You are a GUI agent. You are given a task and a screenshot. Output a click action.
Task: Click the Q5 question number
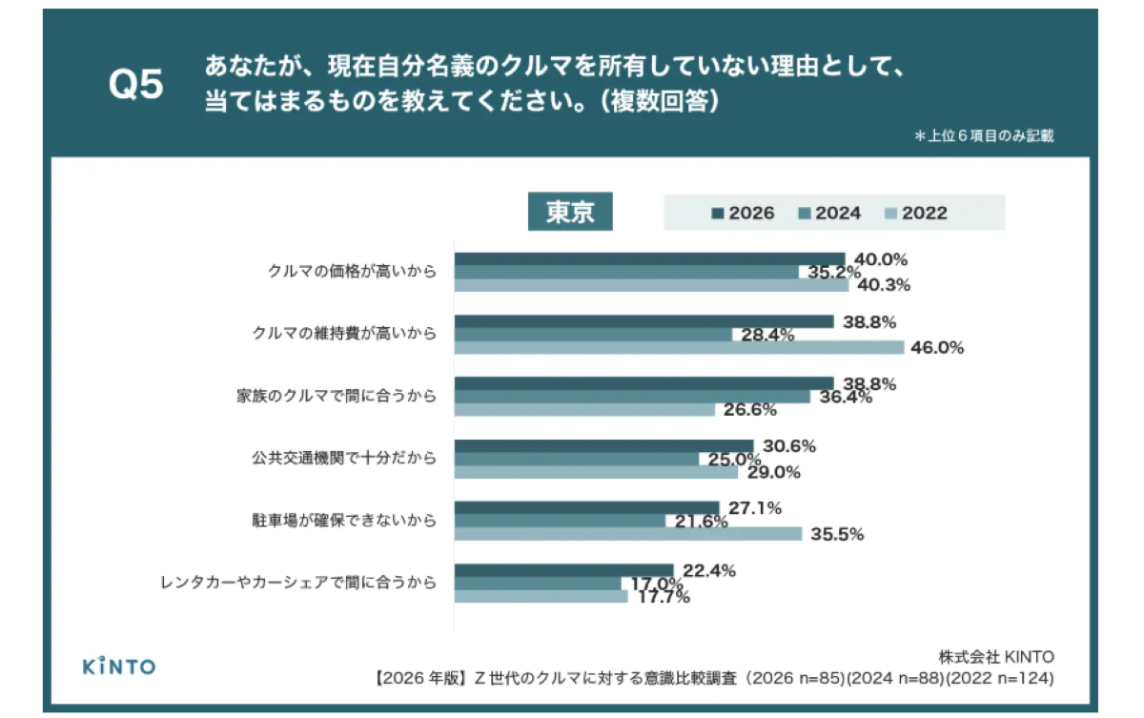(135, 84)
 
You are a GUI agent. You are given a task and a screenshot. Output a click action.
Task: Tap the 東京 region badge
(570, 212)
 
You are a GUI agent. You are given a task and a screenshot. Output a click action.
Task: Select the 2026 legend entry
(743, 213)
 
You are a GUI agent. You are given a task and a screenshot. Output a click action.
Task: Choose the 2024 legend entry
(829, 213)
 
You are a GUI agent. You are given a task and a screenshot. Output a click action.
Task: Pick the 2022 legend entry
(916, 213)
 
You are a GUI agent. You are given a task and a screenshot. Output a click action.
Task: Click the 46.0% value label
(937, 348)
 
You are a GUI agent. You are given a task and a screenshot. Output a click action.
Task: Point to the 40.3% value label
(884, 285)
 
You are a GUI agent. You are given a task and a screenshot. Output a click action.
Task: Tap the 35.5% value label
(837, 534)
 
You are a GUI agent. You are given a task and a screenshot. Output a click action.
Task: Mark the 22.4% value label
(709, 570)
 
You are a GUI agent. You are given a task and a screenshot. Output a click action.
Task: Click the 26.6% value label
(749, 410)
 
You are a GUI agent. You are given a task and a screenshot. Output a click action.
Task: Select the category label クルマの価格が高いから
(353, 271)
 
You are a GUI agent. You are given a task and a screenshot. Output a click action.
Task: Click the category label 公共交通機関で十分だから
(344, 458)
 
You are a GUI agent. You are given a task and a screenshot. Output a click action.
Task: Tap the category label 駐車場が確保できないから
(344, 521)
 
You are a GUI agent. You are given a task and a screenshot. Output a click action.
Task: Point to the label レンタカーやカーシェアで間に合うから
(298, 583)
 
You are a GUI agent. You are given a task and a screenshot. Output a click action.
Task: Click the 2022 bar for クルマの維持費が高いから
(679, 348)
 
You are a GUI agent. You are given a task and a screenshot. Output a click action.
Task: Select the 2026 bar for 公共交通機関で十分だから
(604, 446)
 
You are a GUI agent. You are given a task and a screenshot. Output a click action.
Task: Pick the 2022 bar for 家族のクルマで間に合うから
(584, 410)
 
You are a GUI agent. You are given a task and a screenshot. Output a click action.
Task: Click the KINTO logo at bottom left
(119, 667)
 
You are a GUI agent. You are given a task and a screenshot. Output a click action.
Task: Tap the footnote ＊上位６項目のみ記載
(984, 135)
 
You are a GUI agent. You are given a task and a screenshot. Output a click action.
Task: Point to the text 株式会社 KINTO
(996, 657)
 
